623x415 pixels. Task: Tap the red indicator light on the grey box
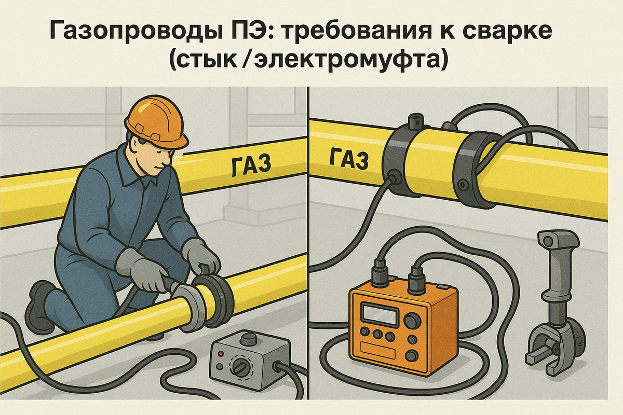pyautogui.click(x=221, y=354)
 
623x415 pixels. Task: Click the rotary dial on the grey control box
pyautogui.click(x=240, y=367)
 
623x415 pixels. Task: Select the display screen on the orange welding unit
pyautogui.click(x=378, y=315)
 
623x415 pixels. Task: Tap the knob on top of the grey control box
pyautogui.click(x=247, y=339)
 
